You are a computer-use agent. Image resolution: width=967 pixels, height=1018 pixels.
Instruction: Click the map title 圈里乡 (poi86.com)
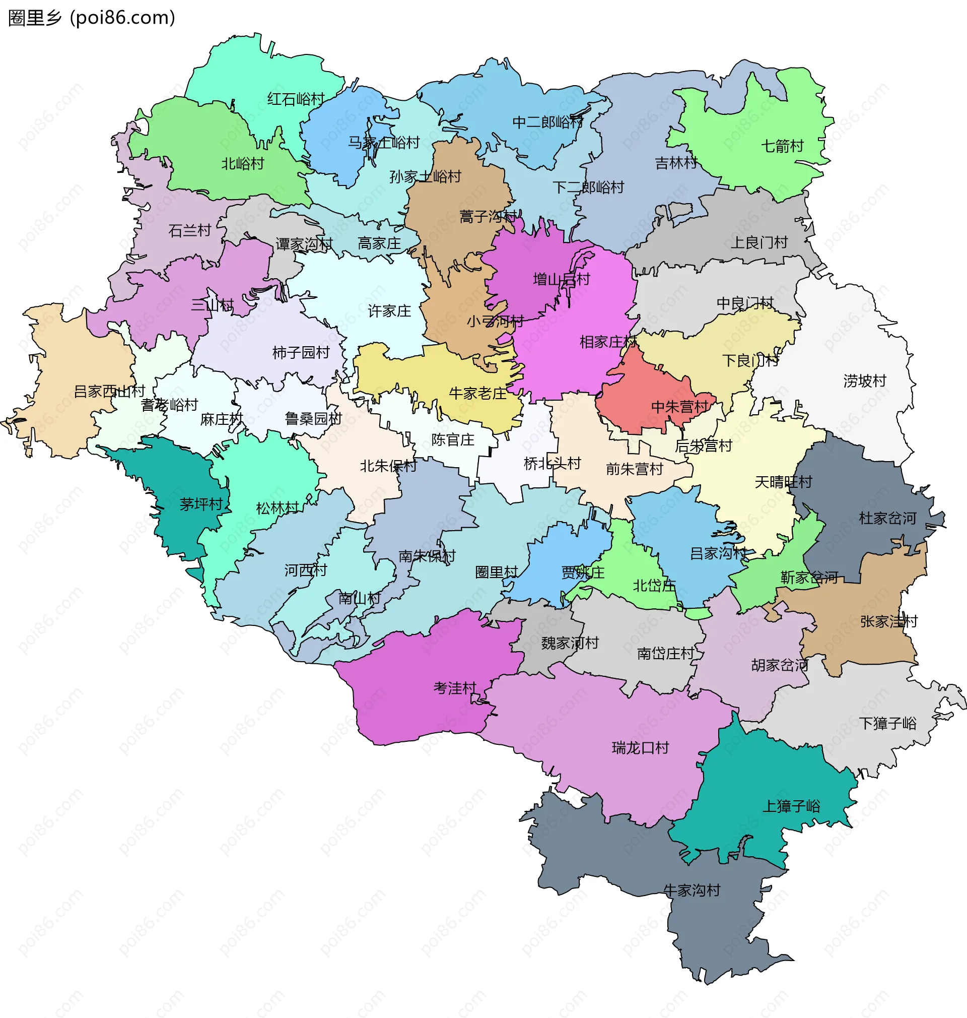[92, 18]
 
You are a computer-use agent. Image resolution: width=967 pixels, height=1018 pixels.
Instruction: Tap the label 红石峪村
[296, 99]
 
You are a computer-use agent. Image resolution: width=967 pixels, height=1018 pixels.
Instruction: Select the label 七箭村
[782, 147]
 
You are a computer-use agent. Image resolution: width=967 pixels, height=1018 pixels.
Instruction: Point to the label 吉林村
[676, 163]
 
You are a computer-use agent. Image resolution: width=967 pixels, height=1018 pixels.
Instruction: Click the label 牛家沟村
[691, 890]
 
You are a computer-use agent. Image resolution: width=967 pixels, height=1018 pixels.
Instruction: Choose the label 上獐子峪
[791, 806]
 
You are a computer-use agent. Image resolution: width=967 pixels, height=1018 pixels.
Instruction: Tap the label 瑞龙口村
[640, 748]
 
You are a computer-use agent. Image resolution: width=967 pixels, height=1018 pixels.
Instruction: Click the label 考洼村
[455, 688]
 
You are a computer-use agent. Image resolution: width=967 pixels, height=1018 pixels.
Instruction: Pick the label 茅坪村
[201, 504]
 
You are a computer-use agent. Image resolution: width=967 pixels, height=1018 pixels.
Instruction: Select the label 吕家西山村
[109, 392]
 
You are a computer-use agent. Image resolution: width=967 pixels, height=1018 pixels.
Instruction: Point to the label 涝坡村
[864, 381]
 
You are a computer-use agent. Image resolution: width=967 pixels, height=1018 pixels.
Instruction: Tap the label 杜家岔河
[887, 518]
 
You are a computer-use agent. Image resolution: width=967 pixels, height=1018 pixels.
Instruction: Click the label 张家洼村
[888, 622]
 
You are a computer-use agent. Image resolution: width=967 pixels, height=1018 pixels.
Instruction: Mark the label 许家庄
[389, 311]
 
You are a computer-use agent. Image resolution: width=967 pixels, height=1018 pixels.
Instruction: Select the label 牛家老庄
[478, 394]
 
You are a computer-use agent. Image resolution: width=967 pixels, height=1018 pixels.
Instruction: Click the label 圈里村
[496, 572]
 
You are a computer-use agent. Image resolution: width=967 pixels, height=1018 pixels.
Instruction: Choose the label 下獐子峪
[887, 724]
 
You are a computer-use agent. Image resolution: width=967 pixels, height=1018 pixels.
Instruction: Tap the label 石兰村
[190, 230]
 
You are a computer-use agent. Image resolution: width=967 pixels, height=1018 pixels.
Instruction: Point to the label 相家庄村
[608, 342]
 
